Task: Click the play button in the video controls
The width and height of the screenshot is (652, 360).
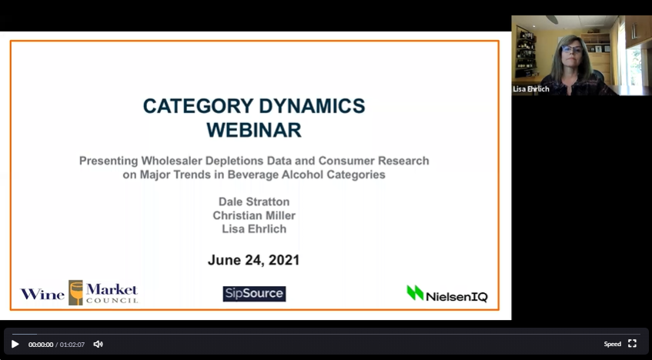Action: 15,344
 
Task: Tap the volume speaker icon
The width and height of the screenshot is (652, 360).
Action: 98,344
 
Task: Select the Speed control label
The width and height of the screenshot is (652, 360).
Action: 613,344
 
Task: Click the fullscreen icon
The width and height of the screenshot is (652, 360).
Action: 633,343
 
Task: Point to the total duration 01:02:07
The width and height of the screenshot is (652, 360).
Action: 72,345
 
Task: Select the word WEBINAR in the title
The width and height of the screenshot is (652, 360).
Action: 254,130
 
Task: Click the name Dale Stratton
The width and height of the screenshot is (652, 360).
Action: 254,202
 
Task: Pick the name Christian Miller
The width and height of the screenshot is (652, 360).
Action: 254,215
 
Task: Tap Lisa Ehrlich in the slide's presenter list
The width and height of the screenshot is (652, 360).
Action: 254,229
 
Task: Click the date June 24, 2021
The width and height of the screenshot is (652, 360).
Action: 254,260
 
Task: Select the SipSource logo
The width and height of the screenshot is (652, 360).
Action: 254,294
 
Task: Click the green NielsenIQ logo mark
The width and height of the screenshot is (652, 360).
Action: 415,292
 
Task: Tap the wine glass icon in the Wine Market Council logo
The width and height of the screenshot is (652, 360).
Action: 75,292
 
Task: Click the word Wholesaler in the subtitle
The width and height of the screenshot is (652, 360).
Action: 172,161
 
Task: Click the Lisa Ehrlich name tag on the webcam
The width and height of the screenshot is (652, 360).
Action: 531,89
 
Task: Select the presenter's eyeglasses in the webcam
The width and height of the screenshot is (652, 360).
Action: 572,49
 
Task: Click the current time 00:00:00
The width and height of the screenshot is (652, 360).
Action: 41,345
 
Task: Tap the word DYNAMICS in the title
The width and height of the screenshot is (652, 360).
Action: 312,106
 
